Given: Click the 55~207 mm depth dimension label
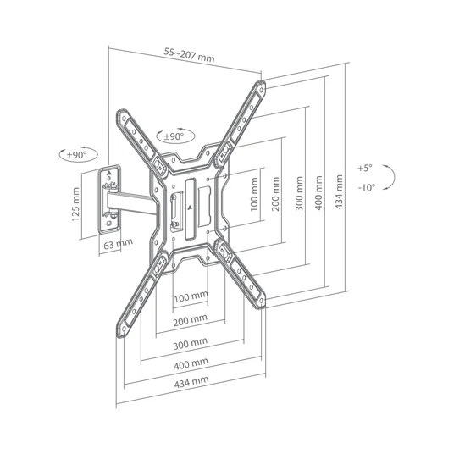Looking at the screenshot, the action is click(190, 55).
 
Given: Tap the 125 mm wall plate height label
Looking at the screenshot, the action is click(75, 204).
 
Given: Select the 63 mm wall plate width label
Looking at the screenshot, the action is click(118, 244).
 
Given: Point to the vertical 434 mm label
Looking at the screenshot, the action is click(339, 191).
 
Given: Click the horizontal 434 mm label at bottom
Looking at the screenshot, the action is click(191, 382).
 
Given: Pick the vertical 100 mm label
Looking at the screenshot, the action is click(253, 194).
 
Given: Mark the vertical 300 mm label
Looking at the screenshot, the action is click(299, 193).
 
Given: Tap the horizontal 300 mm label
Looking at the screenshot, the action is click(191, 344).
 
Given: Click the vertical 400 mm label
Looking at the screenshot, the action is click(318, 192).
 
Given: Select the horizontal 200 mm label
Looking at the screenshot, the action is click(191, 320).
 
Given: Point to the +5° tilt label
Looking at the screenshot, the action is click(365, 168).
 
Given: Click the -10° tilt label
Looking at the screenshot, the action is click(367, 188).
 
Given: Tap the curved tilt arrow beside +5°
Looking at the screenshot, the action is click(395, 177).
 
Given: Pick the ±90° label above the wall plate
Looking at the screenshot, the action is click(77, 155).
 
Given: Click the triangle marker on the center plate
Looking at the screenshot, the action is click(190, 208).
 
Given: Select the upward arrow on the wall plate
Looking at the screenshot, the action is click(109, 173).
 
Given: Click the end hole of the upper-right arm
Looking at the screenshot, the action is click(261, 90).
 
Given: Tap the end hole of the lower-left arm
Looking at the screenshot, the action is click(124, 329).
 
